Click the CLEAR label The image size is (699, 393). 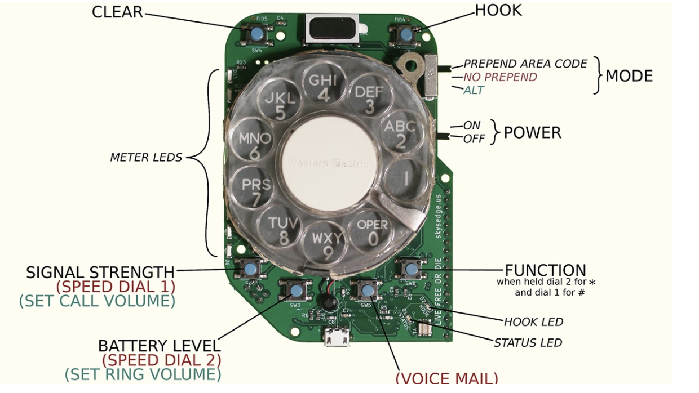click(117, 12)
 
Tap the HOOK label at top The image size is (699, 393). click(498, 10)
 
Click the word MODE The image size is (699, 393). click(629, 75)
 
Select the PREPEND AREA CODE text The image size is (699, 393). click(525, 64)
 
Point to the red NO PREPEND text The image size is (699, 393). click(500, 77)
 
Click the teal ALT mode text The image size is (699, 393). click(474, 90)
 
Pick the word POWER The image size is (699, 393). click(532, 133)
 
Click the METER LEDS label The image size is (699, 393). click(146, 158)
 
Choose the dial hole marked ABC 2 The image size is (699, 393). click(399, 134)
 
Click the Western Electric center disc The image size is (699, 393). click(329, 162)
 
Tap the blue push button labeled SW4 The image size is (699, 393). click(256, 34)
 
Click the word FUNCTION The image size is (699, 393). click(545, 271)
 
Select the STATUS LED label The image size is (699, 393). click(528, 342)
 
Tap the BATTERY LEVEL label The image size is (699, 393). click(159, 346)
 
